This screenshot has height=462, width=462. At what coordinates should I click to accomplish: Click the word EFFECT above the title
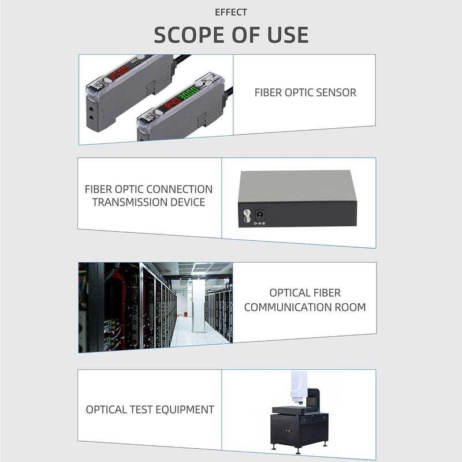pyautogui.click(x=231, y=12)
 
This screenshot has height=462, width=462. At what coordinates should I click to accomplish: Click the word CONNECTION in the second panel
pyautogui.click(x=180, y=189)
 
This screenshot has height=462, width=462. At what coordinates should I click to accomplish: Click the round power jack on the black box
pyautogui.click(x=260, y=214)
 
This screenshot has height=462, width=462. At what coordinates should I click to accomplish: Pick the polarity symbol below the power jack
pyautogui.click(x=259, y=223)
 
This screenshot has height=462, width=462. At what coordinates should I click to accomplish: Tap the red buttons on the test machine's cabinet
pyautogui.click(x=283, y=430)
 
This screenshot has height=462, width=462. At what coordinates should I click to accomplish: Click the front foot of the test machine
pyautogui.click(x=274, y=448)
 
